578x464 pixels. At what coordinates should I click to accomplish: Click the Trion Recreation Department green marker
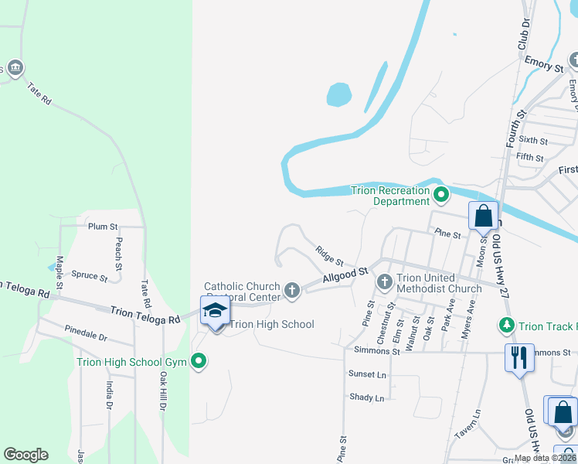(x=441, y=194)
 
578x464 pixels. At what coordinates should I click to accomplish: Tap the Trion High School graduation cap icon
(x=215, y=310)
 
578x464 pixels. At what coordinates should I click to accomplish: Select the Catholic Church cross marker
(x=291, y=290)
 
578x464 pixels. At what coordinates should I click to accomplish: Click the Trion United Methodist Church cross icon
(x=384, y=283)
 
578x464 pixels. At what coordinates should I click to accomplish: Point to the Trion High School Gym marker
(x=199, y=361)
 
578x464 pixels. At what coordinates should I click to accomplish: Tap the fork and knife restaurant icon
(x=518, y=357)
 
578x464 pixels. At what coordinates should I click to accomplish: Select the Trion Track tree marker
(x=507, y=326)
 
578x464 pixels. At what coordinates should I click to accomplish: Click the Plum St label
(x=102, y=227)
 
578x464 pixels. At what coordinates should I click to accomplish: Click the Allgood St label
(x=345, y=276)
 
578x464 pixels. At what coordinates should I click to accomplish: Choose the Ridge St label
(x=329, y=254)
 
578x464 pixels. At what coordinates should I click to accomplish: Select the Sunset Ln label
(x=366, y=374)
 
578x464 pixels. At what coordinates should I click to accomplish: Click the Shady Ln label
(x=366, y=397)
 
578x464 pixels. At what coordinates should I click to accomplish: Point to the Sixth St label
(x=532, y=141)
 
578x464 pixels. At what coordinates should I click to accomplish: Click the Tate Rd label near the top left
(x=39, y=94)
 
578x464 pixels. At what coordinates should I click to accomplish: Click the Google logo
(x=25, y=454)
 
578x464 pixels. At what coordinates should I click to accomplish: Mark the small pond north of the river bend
(x=338, y=95)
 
